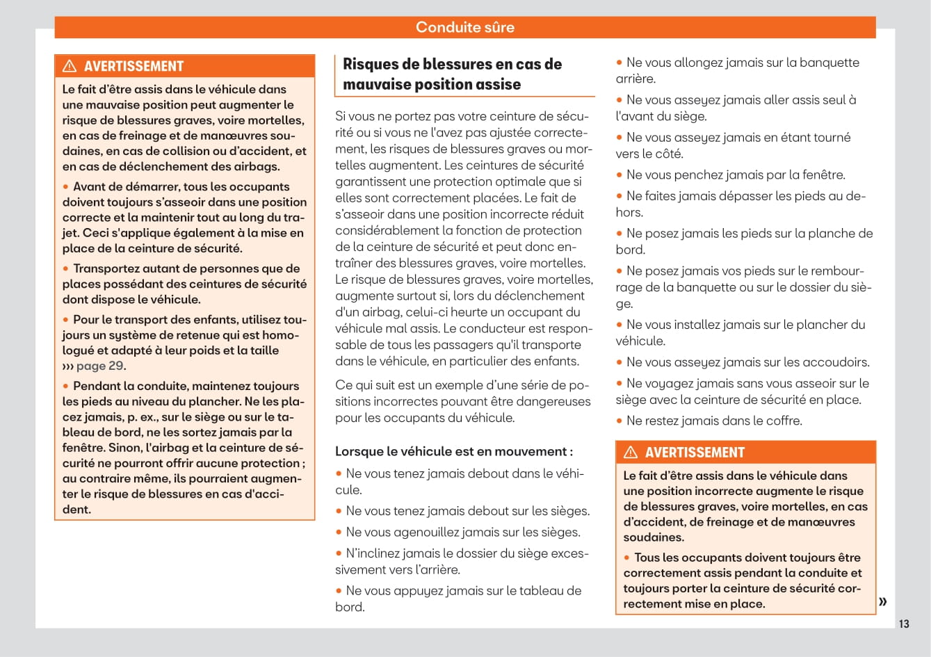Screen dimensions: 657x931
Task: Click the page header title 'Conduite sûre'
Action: click(464, 27)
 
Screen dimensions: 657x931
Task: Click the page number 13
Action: click(903, 624)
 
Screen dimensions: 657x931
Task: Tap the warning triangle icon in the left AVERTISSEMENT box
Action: click(70, 66)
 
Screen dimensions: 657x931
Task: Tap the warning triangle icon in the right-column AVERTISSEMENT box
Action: click(631, 453)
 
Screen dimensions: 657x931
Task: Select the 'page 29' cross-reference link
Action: click(99, 366)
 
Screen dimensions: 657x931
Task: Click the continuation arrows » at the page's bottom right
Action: click(882, 601)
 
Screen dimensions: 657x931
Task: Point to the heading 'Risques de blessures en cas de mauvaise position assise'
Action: click(452, 74)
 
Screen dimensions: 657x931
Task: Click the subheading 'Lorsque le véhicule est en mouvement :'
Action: click(454, 451)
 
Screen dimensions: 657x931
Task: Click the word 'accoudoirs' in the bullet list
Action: click(837, 362)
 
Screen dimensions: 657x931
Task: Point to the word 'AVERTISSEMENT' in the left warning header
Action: click(133, 67)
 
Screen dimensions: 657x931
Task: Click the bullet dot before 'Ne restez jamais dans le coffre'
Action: click(619, 421)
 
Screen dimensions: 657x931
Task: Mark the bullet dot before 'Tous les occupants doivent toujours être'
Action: click(627, 558)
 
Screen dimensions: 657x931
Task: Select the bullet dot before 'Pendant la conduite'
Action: click(66, 386)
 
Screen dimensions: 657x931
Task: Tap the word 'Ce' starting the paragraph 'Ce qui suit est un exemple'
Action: click(343, 384)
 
